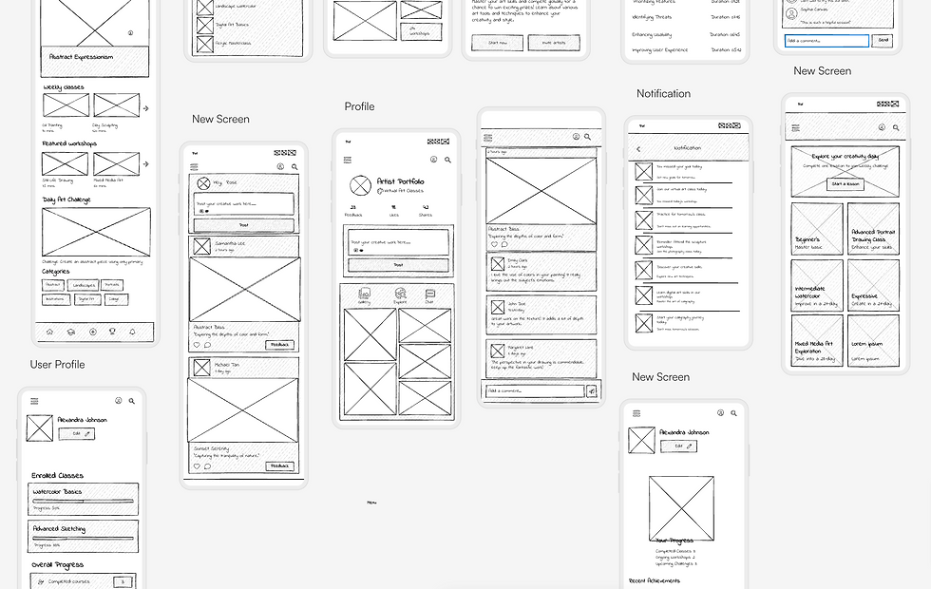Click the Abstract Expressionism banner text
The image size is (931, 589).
click(x=82, y=57)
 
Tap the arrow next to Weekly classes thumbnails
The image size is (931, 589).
click(x=145, y=108)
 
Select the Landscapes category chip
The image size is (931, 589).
click(x=84, y=285)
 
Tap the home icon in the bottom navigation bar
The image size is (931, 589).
click(x=49, y=332)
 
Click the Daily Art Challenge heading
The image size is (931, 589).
click(x=67, y=199)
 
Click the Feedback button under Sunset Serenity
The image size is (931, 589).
click(x=279, y=466)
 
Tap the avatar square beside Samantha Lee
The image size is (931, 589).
click(x=201, y=246)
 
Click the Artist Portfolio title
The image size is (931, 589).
click(x=400, y=180)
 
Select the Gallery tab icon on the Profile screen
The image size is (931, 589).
click(x=364, y=294)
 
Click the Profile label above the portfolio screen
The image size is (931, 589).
click(x=359, y=106)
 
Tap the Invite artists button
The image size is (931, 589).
click(x=553, y=43)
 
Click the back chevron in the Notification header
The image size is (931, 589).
click(x=638, y=149)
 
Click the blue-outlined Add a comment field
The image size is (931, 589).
click(x=826, y=41)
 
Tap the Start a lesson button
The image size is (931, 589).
click(x=845, y=184)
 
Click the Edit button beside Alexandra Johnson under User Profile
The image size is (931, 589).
click(x=76, y=433)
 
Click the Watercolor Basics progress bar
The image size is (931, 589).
click(x=83, y=501)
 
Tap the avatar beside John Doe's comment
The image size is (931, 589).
click(x=496, y=306)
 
